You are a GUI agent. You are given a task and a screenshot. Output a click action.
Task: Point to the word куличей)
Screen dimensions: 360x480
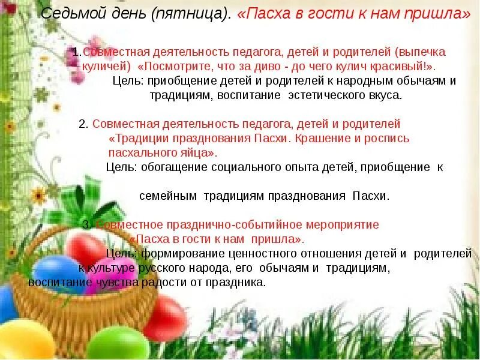104,66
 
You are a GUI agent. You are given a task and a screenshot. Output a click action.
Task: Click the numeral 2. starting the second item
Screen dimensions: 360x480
84,124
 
